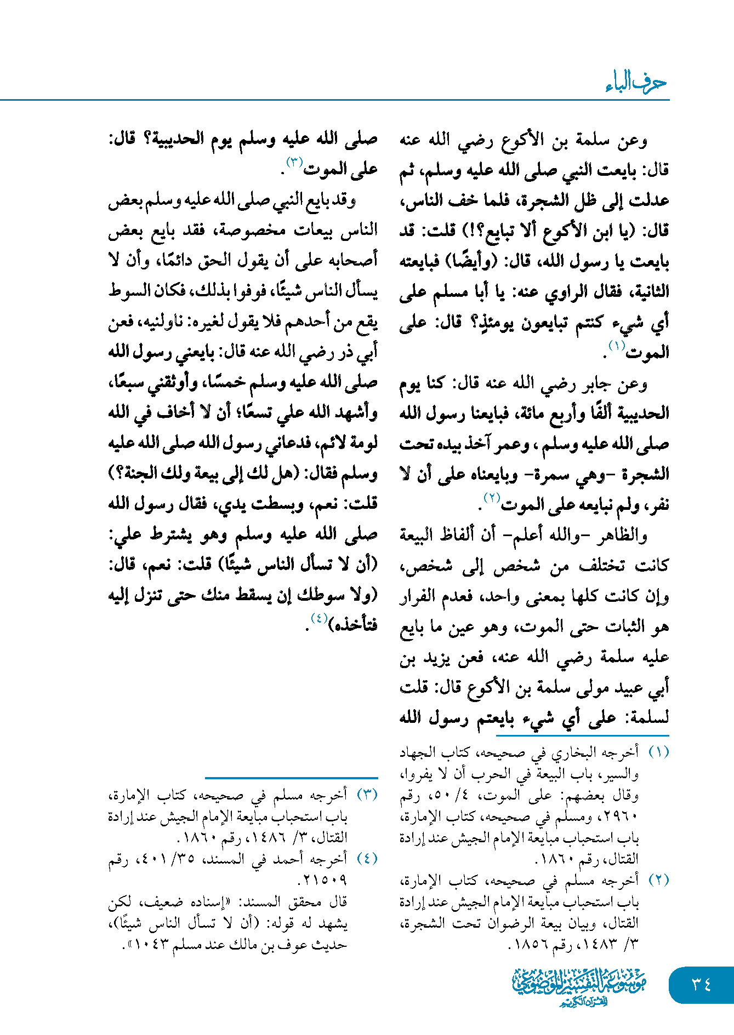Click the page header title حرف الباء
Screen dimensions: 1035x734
click(636, 83)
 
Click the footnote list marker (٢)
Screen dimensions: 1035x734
click(658, 880)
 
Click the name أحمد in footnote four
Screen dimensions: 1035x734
click(298, 859)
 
